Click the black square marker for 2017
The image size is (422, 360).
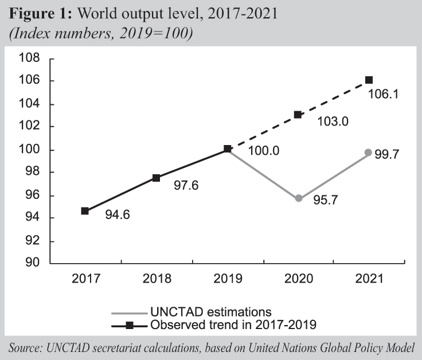pos(85,211)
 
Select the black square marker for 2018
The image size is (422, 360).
pos(156,178)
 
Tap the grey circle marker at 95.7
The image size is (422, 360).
pos(299,198)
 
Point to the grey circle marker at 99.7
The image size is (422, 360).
pos(369,152)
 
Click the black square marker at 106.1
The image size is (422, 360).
pos(369,80)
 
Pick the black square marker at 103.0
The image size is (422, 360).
pos(298,115)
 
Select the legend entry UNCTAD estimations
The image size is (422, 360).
pos(210,312)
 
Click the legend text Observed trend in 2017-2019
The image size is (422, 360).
pos(233,325)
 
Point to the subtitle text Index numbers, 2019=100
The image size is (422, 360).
pos(101,33)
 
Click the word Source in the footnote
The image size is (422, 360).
pos(25,348)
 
